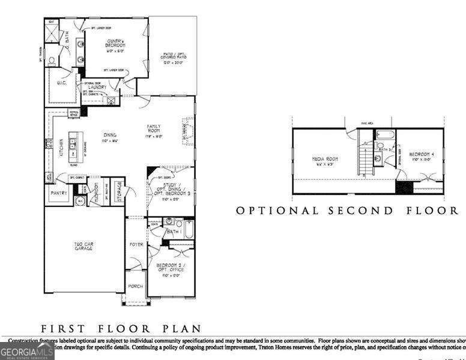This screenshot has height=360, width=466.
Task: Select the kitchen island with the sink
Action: (x=74, y=143)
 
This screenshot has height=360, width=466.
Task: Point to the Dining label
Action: (x=109, y=135)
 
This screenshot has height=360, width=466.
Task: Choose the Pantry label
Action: (x=58, y=194)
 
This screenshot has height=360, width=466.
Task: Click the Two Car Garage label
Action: (x=83, y=245)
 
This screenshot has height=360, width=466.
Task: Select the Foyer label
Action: (x=136, y=245)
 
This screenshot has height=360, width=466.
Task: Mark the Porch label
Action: (x=135, y=286)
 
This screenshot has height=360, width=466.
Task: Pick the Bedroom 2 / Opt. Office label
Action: (x=170, y=268)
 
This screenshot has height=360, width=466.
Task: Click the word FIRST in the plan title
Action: (x=61, y=328)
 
